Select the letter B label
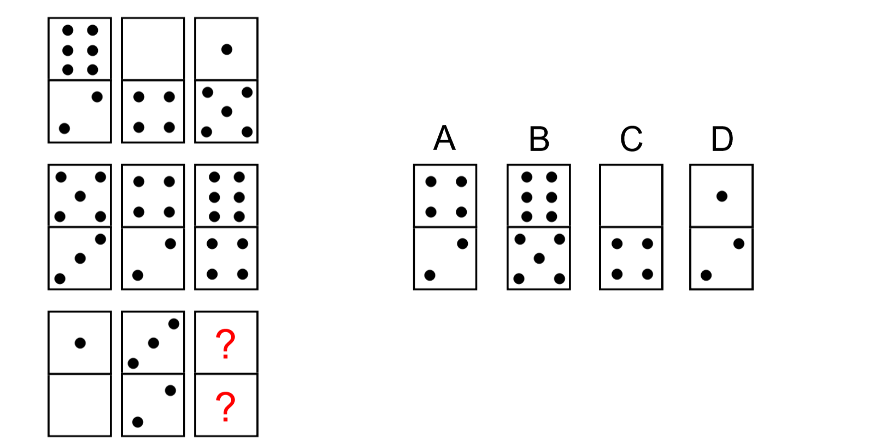[539, 139]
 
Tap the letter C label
[631, 139]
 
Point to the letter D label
[721, 139]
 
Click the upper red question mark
[226, 344]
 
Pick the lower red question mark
[226, 407]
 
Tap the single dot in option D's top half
[721, 196]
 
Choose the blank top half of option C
[631, 195]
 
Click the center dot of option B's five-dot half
[539, 258]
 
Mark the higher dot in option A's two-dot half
[462, 244]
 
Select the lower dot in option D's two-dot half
[706, 275]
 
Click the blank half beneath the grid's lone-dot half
[80, 405]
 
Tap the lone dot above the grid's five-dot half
[226, 49]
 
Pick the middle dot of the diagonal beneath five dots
[80, 258]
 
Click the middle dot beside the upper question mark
[154, 343]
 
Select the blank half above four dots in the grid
[153, 49]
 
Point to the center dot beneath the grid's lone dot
[226, 112]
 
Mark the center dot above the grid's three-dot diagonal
[80, 196]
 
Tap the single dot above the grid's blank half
[80, 343]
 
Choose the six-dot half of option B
[539, 196]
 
